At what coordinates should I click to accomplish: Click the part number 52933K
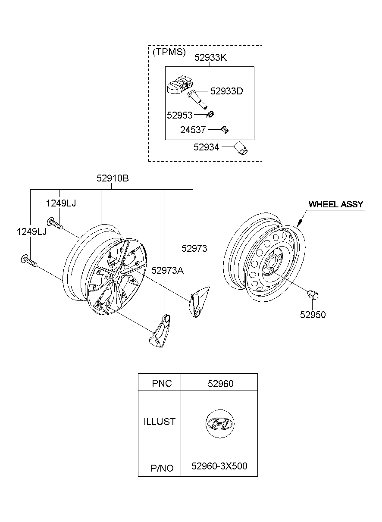[x=210, y=57]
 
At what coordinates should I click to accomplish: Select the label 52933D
[x=226, y=91]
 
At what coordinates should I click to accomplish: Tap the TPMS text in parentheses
[x=169, y=52]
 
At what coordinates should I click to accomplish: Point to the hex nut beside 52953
[x=211, y=115]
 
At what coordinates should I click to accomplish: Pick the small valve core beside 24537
[x=224, y=129]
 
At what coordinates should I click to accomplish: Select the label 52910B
[x=112, y=178]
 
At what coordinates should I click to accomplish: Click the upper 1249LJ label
[x=61, y=203]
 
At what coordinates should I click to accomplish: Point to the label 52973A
[x=167, y=270]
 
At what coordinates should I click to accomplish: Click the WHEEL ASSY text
[x=335, y=204]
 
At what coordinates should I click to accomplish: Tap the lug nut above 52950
[x=313, y=297]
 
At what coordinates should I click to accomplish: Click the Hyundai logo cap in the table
[x=220, y=423]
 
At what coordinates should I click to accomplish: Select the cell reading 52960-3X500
[x=219, y=466]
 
